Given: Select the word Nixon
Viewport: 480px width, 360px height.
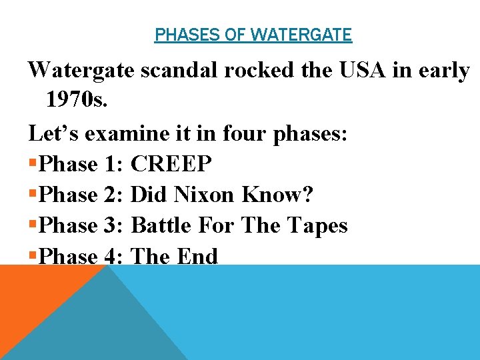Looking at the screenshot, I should pos(205,194).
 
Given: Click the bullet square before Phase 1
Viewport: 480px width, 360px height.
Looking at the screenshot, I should pos(33,164).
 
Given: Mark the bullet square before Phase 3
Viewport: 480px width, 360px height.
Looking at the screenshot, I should pos(33,226).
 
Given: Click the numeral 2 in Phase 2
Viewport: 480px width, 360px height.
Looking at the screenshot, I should pos(111,194).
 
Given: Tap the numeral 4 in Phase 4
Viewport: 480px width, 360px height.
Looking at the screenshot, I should pos(111,257).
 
